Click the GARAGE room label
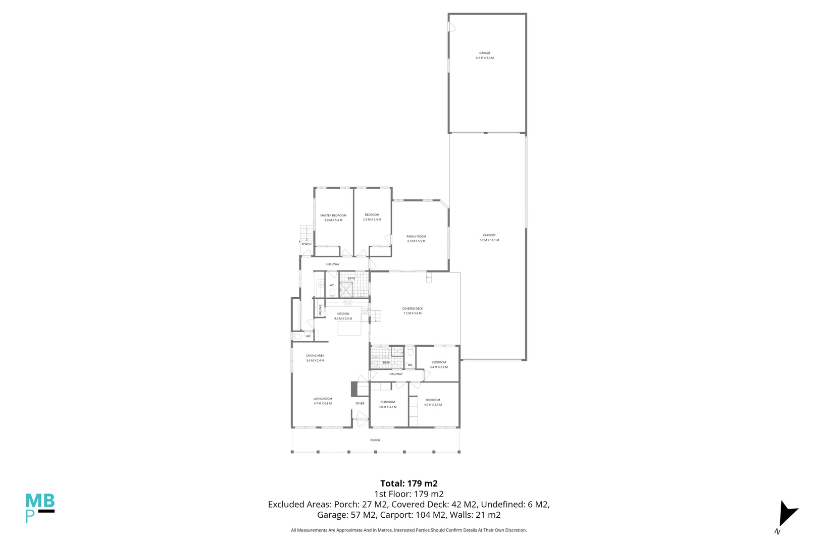(485, 53)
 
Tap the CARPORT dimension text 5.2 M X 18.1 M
(489, 240)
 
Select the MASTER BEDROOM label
(333, 215)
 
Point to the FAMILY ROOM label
(416, 237)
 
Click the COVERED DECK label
(412, 309)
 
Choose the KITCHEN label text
(343, 314)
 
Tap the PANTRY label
(320, 310)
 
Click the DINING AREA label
(315, 356)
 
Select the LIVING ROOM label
(323, 399)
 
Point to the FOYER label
(360, 403)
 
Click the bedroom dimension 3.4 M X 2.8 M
(438, 367)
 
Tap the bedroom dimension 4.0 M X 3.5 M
(433, 405)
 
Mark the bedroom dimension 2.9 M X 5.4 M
(372, 220)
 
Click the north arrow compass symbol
(786, 515)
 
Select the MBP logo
(39, 507)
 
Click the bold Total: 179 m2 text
(408, 483)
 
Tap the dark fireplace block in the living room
(354, 389)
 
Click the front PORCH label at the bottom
(375, 440)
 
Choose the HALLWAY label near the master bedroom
(332, 264)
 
